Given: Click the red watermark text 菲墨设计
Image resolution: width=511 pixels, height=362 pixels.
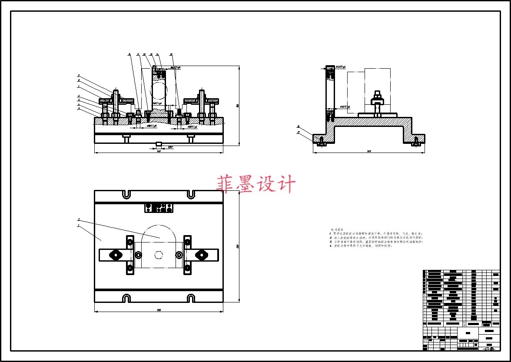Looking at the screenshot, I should click(256, 184).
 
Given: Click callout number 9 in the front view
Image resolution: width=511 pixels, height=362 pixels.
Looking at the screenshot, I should click(79, 76).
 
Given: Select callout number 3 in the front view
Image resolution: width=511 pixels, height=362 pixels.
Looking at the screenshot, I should click(79, 108).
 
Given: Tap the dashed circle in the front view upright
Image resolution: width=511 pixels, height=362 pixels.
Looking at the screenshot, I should click(158, 92).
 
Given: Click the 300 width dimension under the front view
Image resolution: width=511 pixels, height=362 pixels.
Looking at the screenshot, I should click(159, 151).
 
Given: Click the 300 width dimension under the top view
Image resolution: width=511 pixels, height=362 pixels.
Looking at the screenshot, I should click(159, 310).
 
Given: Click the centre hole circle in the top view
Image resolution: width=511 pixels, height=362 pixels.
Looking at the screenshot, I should click(159, 255).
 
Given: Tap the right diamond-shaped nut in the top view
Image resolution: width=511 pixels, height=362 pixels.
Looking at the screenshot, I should click(201, 255).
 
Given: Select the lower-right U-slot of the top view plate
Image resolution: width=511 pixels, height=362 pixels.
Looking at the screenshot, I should click(190, 298).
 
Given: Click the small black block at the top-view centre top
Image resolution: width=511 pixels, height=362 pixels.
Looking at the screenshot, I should click(159, 207).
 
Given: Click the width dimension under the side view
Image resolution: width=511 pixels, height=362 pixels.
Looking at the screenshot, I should click(369, 151).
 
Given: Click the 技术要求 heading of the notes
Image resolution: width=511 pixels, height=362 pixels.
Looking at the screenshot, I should click(337, 229).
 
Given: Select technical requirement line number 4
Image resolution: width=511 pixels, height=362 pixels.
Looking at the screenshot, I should click(360, 246).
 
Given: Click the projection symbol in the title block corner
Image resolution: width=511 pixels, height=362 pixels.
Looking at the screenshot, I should click(489, 348).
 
